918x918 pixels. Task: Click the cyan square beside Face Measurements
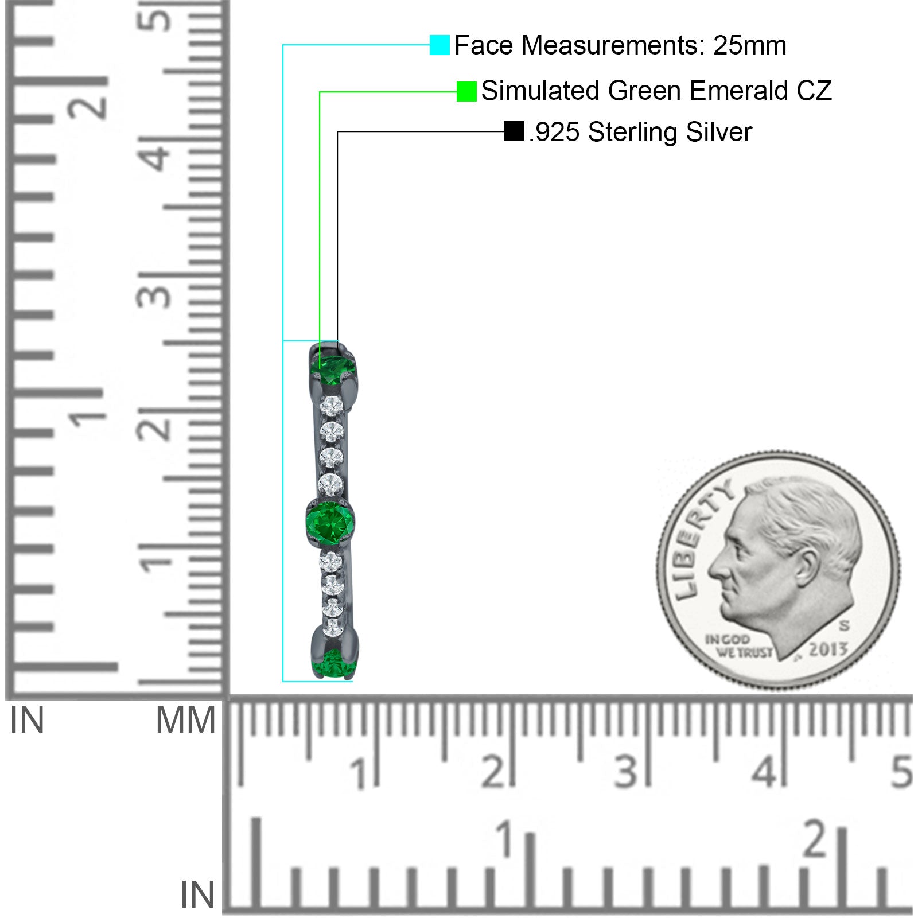[439, 45]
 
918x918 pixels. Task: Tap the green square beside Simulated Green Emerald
[466, 91]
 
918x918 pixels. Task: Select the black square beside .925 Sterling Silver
[514, 131]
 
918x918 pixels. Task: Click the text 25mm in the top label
[749, 45]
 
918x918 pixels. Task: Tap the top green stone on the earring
[333, 369]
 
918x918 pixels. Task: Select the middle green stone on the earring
[330, 520]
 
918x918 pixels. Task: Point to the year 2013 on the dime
[828, 649]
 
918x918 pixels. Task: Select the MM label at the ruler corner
[186, 720]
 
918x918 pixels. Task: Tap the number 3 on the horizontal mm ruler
[626, 771]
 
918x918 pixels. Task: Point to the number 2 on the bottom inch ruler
[816, 841]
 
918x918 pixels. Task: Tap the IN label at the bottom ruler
[197, 895]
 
